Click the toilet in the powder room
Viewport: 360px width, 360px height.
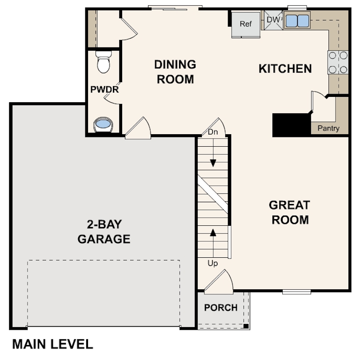(104, 62)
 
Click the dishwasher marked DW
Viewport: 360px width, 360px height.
(273, 20)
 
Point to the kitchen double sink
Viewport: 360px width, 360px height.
(297, 20)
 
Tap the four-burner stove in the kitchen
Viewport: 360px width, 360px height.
(338, 62)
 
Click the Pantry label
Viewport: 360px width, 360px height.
(328, 128)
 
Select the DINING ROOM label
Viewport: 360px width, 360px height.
(175, 72)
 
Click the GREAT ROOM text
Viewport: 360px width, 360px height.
(290, 212)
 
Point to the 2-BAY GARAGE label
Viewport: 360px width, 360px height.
(104, 232)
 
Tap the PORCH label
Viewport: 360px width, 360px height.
(220, 308)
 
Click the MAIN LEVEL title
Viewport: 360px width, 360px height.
(52, 344)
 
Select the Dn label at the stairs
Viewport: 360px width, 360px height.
(213, 132)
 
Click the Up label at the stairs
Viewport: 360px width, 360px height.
(212, 263)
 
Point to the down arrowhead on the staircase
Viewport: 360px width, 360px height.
(213, 163)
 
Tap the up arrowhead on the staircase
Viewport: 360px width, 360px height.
(213, 232)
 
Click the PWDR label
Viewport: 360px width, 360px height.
(104, 89)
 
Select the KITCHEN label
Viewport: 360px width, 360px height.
(285, 68)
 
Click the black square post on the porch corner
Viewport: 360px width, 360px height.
(246, 326)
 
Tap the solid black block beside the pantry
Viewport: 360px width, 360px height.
(292, 125)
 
